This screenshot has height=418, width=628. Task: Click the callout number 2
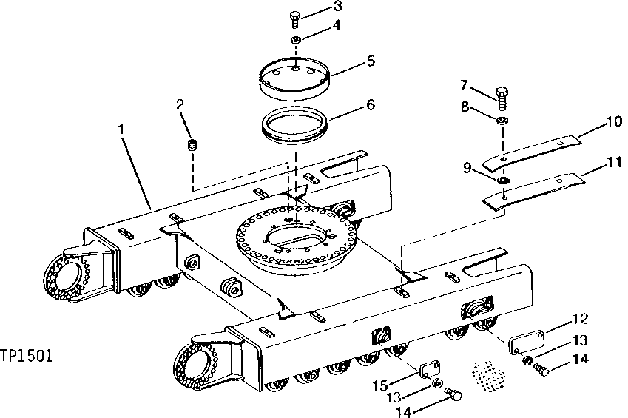click(179, 104)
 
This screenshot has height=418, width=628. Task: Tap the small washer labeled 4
click(295, 39)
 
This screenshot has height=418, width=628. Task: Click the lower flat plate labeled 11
click(533, 189)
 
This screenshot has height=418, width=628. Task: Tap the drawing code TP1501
click(26, 357)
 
